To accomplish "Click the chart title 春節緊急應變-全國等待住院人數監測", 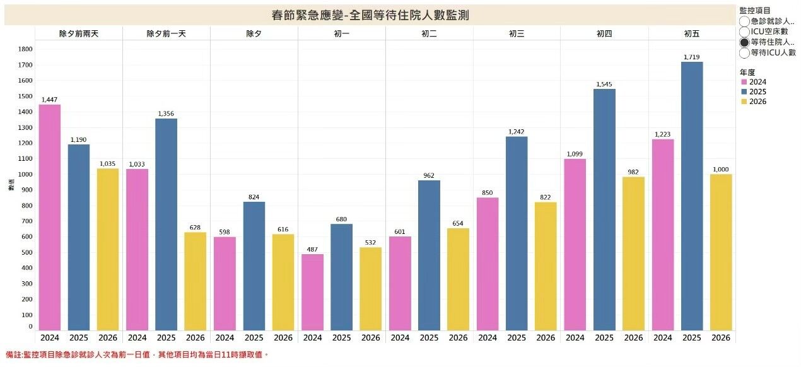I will tap(370, 14).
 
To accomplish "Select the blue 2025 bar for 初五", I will tap(692, 196).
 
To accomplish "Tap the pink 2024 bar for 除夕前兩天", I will tap(50, 217).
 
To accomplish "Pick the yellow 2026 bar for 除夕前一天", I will tap(196, 281).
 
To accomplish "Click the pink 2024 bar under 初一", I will tap(312, 292).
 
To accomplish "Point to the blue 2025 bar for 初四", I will tap(604, 209).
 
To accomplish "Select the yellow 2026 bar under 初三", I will tap(546, 266).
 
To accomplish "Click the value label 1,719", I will tap(692, 57).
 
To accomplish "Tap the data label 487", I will tap(312, 249).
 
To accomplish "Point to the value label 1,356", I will tap(167, 114).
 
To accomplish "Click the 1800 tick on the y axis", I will tap(25, 49).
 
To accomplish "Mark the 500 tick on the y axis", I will tap(25, 252).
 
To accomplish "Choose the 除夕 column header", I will tap(254, 33).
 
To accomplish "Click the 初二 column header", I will tap(429, 33).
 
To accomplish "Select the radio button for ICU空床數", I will tap(744, 32).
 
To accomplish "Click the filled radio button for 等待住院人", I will tap(744, 42).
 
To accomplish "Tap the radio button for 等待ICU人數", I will tap(744, 53).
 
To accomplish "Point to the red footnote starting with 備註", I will tap(137, 355).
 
